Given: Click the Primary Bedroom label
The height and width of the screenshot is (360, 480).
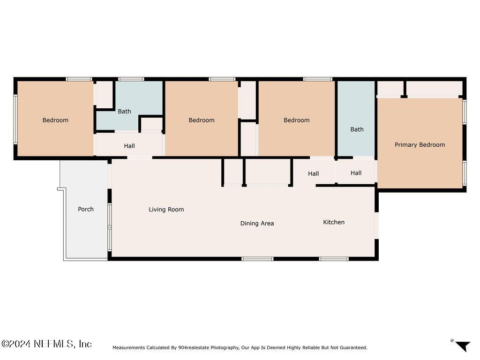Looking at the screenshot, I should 420,145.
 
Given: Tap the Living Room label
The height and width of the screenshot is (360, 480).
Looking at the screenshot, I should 166,210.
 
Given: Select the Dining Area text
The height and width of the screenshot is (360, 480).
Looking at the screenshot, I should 257,224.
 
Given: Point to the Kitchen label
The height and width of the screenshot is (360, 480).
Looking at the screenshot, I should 334,222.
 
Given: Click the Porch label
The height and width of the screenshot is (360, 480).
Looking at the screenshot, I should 86,209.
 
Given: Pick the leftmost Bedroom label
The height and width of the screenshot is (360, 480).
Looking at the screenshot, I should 55,120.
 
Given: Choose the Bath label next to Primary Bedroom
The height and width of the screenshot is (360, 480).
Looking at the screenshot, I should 357,129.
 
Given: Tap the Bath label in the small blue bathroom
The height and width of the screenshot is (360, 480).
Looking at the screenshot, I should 124,112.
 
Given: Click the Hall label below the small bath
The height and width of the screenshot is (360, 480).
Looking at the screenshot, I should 129,146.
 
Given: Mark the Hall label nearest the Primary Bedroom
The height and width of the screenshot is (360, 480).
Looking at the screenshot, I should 356,173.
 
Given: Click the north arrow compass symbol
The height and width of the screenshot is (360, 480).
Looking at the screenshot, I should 462,346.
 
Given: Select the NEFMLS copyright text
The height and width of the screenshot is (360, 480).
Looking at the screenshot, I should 46,344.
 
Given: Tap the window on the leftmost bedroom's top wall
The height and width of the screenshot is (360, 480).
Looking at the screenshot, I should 79,79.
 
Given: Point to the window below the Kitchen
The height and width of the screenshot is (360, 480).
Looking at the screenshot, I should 334,259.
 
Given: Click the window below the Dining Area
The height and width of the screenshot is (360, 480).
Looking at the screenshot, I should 257,259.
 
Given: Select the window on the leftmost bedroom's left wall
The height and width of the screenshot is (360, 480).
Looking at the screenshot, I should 15,119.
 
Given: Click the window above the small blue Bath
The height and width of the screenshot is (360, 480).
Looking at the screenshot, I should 131,79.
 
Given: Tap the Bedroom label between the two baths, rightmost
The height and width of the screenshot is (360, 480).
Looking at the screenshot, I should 296,120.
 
